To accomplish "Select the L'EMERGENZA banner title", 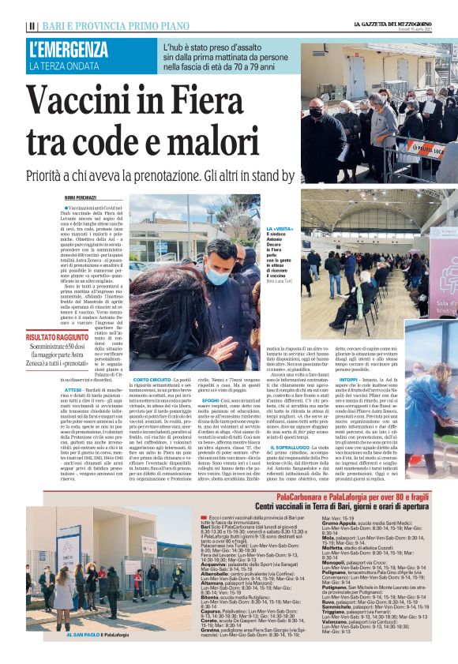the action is pos(69,49).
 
